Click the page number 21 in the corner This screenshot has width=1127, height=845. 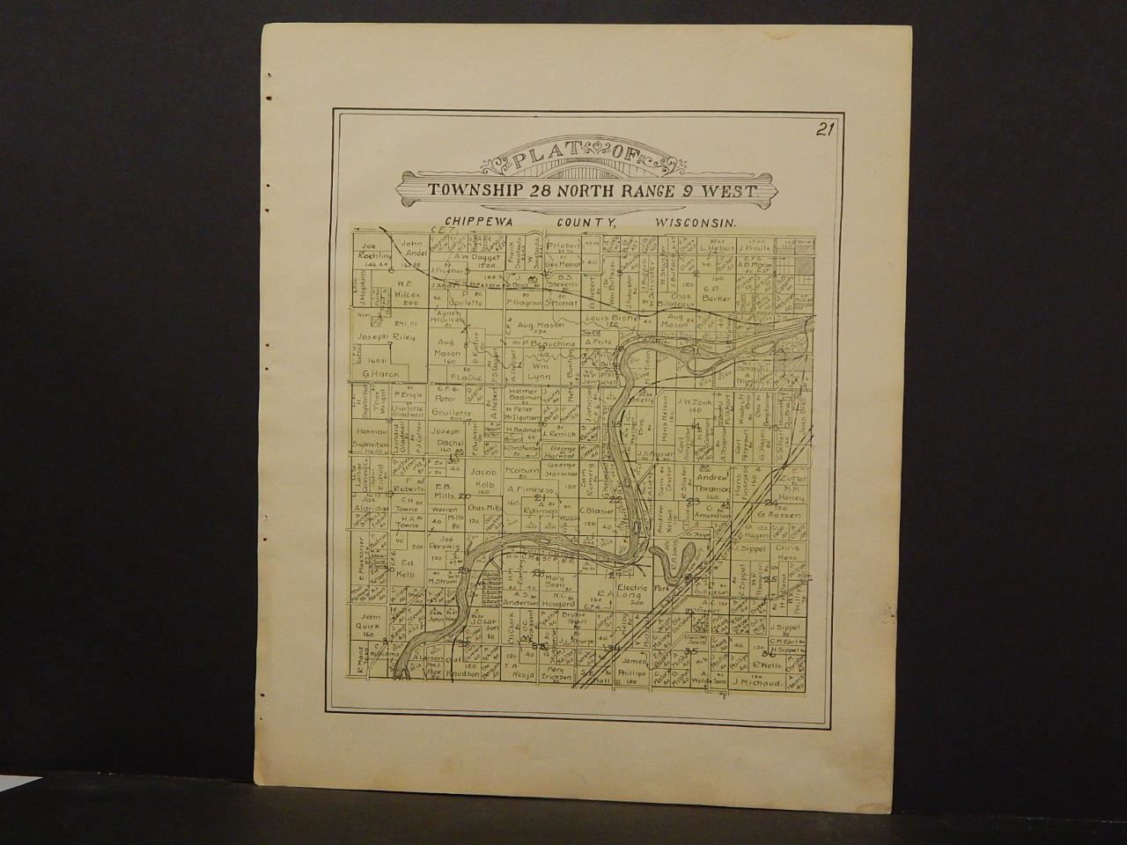(824, 131)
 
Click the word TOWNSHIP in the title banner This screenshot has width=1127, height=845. (474, 189)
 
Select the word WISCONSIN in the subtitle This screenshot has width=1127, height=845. (696, 224)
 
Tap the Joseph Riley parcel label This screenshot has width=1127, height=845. (384, 336)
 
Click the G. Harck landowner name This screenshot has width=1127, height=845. (380, 373)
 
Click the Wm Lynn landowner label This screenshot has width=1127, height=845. (539, 369)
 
